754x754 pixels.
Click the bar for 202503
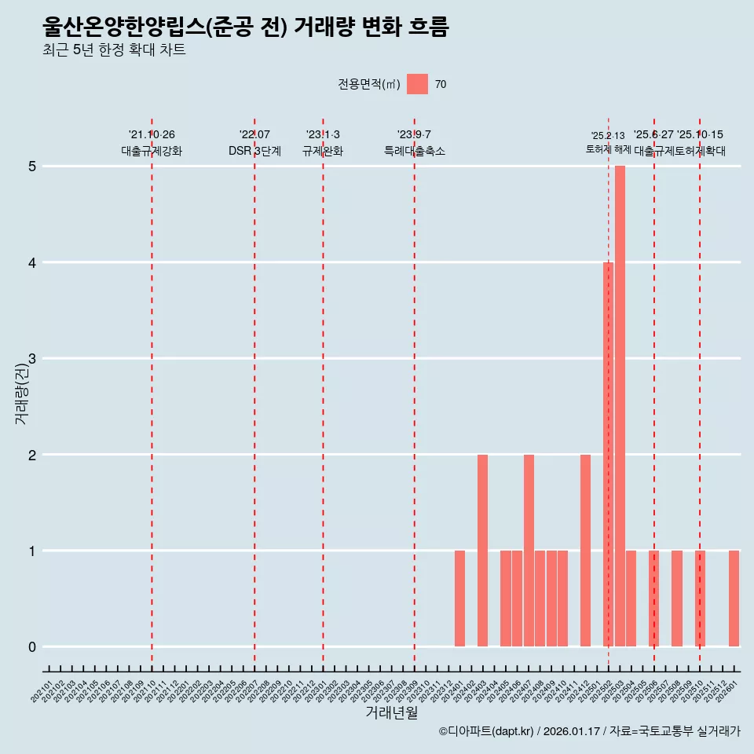(x=620, y=406)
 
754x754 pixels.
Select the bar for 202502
(x=608, y=454)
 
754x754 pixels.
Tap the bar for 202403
(x=482, y=551)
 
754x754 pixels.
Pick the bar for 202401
(x=459, y=598)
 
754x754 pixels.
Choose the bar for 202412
(x=585, y=551)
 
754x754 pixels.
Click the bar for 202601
(x=734, y=598)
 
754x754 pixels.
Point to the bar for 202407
(x=529, y=551)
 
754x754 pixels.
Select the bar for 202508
(x=676, y=598)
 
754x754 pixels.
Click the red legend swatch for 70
(x=417, y=84)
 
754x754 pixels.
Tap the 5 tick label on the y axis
(x=32, y=167)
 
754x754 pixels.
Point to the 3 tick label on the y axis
(x=32, y=359)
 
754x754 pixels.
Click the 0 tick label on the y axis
(x=32, y=647)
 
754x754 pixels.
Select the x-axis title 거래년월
(x=391, y=712)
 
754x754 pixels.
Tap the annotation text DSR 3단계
(x=254, y=151)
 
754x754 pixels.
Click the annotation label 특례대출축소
(x=414, y=151)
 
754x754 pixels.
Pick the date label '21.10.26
(x=152, y=135)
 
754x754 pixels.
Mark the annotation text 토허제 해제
(x=608, y=149)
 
